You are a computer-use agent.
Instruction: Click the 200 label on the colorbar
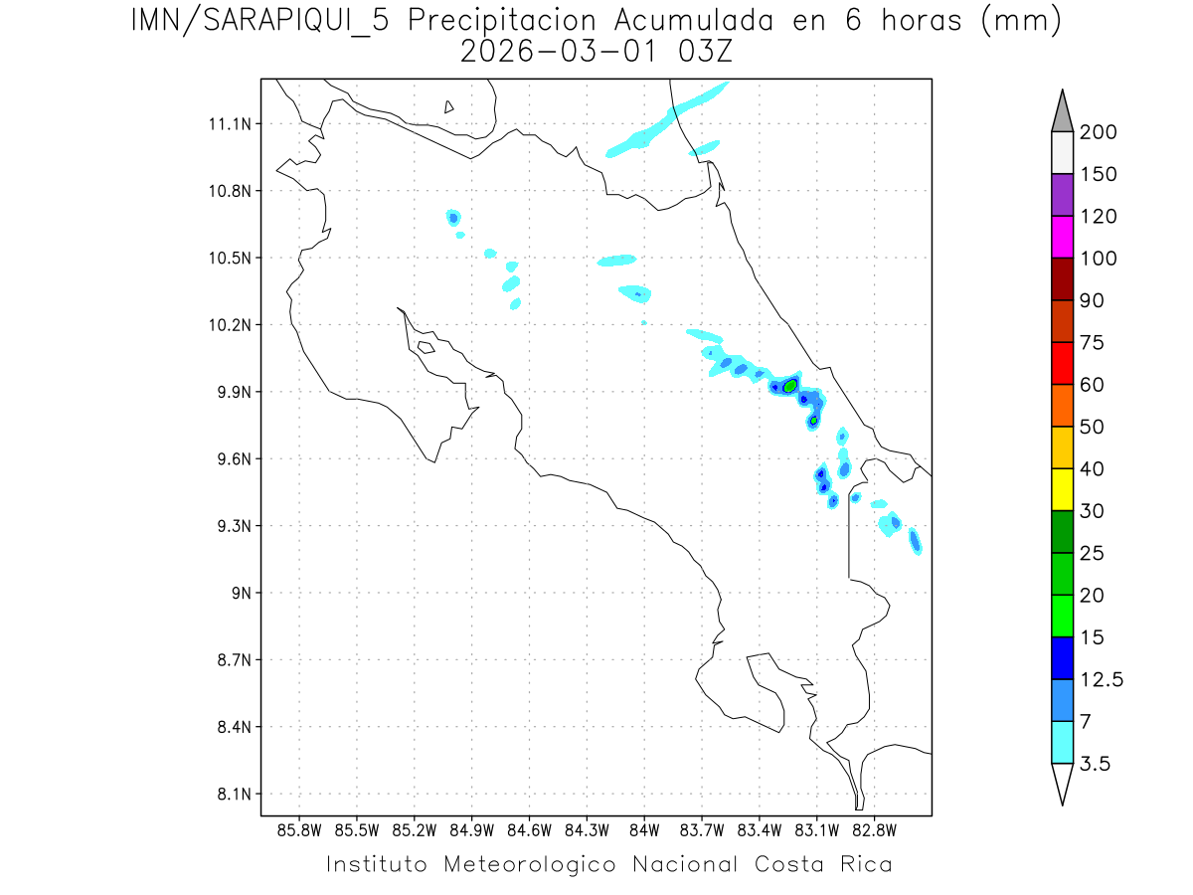tap(1098, 132)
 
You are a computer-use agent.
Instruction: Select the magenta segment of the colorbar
tap(1062, 237)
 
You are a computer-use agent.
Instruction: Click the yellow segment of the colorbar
tap(1062, 489)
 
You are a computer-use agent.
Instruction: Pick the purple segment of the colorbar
tap(1062, 195)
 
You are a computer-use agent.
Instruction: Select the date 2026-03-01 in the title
tap(557, 52)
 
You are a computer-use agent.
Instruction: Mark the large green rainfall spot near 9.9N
tap(790, 385)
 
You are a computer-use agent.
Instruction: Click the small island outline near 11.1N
tap(449, 107)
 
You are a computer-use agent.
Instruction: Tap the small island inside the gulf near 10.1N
tap(425, 347)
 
